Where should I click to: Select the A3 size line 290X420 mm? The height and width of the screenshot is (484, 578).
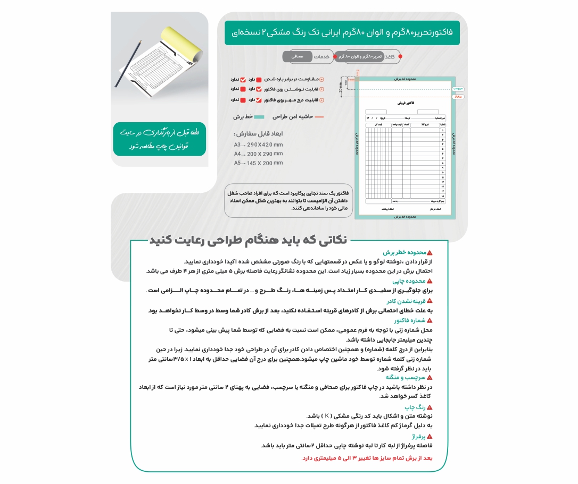[x=258, y=145]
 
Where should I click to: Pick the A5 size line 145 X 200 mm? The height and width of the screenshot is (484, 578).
[x=258, y=163]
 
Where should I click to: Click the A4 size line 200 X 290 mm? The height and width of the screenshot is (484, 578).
[x=258, y=154]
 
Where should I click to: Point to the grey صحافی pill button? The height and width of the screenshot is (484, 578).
[x=297, y=56]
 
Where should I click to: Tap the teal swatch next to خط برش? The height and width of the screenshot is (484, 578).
[x=259, y=116]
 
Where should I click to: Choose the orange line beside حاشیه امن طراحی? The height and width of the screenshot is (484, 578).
[x=319, y=116]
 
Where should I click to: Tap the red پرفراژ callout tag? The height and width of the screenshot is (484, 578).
[x=458, y=96]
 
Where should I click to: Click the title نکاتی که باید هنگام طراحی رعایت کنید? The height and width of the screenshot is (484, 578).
[x=248, y=240]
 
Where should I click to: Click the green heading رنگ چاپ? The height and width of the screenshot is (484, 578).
[x=416, y=407]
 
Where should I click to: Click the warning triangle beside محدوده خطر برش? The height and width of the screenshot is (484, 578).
[x=430, y=253]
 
